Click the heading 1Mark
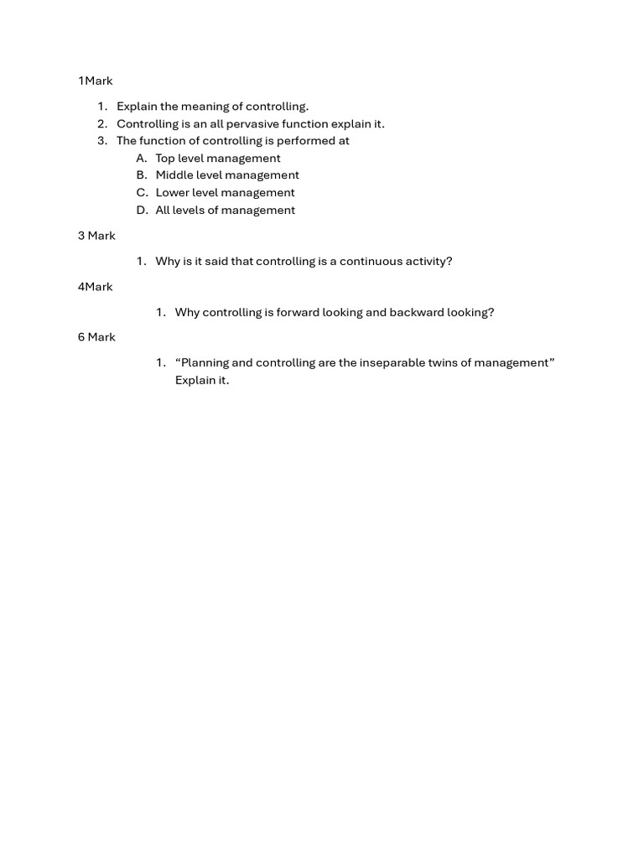pos(95,81)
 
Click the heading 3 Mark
pos(96,236)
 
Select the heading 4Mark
pos(95,287)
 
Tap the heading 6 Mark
pos(96,337)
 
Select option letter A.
pos(141,159)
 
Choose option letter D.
pos(141,211)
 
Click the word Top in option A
pos(166,159)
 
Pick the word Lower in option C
pos(172,193)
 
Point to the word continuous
pos(371,262)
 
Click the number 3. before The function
pos(102,141)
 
